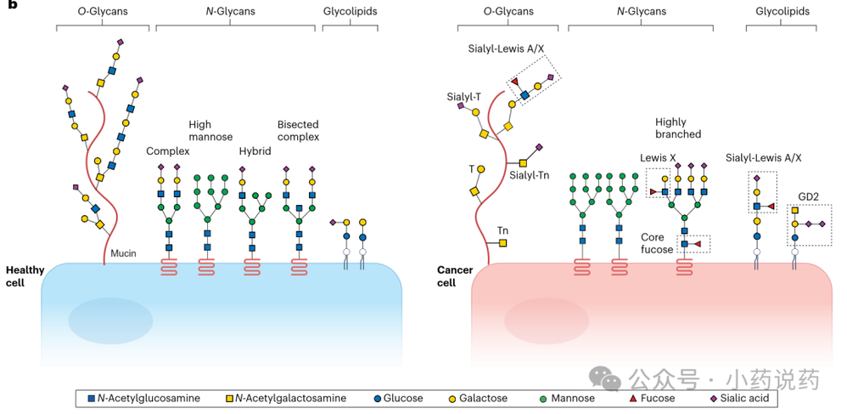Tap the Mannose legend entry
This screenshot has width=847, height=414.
(567, 399)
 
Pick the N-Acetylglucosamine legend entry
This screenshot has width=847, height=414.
(144, 399)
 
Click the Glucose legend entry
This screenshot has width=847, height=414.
(398, 399)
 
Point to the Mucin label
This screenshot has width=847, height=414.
(123, 252)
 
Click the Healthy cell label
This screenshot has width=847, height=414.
(21, 276)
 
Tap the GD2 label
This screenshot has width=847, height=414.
(808, 197)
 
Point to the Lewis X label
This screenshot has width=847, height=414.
(658, 158)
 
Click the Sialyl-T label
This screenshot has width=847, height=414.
(460, 97)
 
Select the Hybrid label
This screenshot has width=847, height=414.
(255, 151)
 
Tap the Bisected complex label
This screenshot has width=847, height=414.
(298, 130)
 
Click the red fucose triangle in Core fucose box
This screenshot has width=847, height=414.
(698, 244)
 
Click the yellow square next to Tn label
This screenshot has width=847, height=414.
(503, 243)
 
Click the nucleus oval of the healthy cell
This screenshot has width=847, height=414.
(110, 320)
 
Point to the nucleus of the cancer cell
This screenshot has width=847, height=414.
(546, 320)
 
